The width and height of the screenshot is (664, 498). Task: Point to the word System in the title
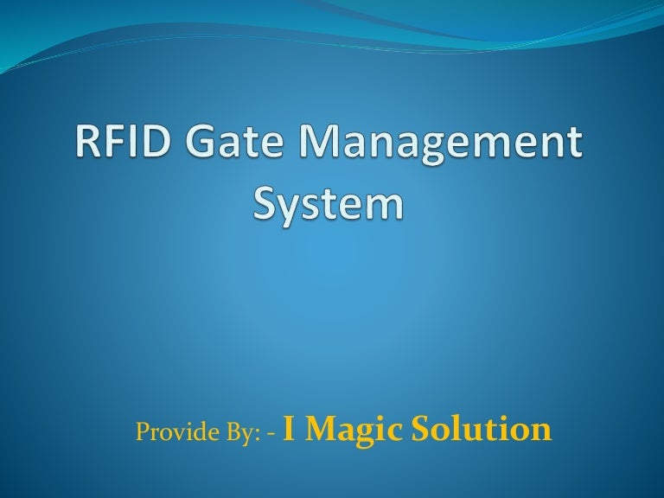click(329, 204)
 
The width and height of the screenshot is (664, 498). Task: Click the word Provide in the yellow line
click(169, 431)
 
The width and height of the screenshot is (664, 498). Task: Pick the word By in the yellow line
click(237, 431)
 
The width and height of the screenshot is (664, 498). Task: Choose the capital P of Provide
click(142, 431)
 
